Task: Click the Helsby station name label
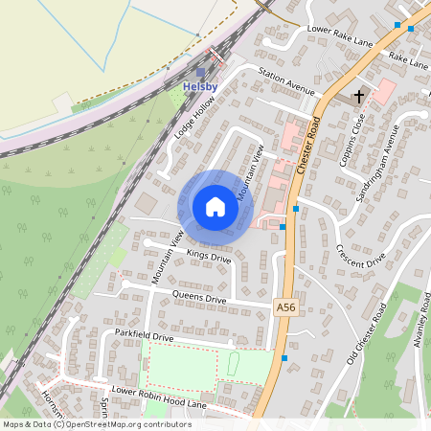point(199,87)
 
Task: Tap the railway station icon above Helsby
point(200,72)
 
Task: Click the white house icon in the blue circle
point(215,207)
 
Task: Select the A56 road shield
point(285,306)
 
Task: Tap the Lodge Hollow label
point(190,124)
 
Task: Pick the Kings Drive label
point(209,257)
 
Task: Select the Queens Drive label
point(199,299)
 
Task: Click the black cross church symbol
point(360,95)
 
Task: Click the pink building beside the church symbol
point(384,91)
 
